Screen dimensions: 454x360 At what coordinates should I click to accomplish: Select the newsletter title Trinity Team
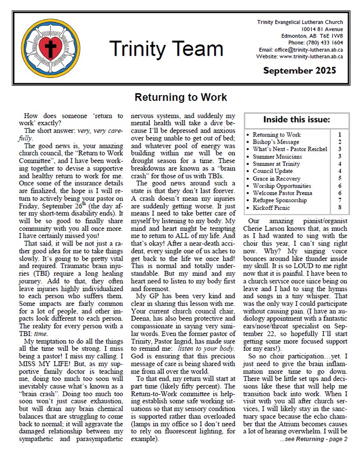point(166,49)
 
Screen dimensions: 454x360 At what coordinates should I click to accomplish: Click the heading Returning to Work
point(180,97)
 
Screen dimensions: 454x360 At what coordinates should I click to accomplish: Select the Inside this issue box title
point(296,120)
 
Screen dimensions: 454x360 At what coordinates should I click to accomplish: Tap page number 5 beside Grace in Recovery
point(339,178)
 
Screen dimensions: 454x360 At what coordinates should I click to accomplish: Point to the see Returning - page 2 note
point(314,439)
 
